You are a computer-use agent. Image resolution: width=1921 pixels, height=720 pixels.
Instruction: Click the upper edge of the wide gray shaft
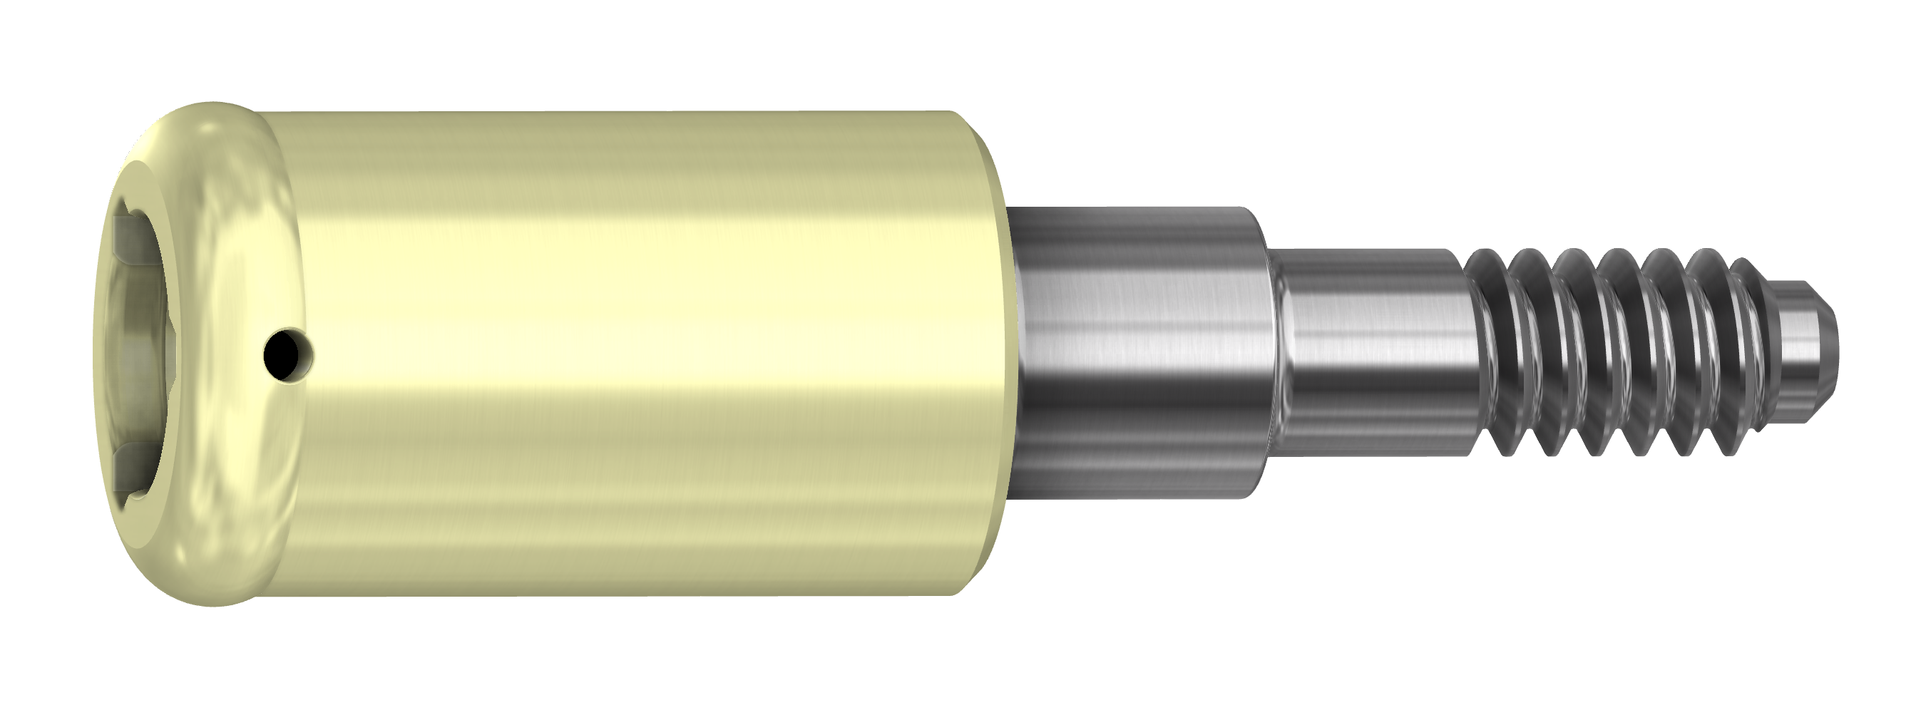point(1134,210)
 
